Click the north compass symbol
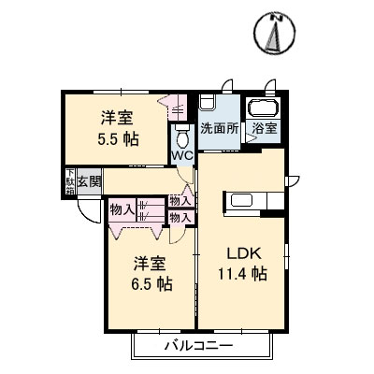point(275,33)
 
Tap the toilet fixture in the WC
point(182,137)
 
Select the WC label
point(182,155)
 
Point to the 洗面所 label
point(220,128)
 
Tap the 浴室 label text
point(265,128)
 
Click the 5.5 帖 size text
point(118,139)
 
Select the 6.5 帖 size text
point(151,283)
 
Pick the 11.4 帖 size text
point(242,274)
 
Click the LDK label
point(244,253)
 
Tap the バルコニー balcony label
point(199,345)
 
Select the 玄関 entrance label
point(90,181)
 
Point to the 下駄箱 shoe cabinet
point(70,181)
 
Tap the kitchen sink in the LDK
point(241,200)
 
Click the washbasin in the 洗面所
point(208,102)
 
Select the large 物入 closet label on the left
point(122,210)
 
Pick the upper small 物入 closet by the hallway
point(180,201)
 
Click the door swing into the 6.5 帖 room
point(177,235)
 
